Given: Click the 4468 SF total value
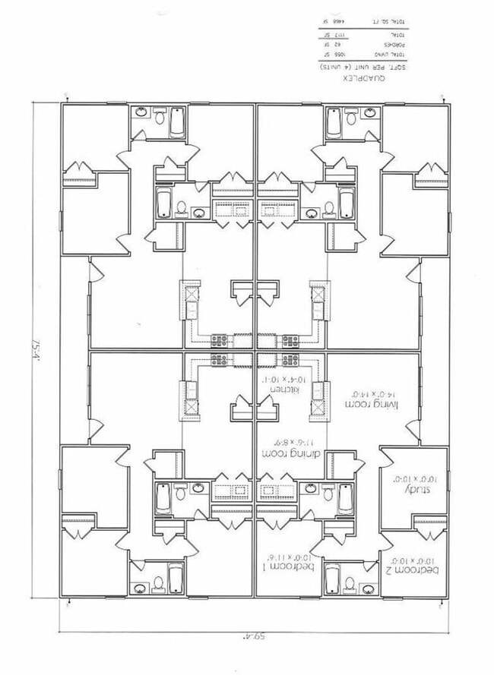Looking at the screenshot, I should coord(333,21).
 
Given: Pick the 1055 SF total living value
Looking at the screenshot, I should coord(332,55).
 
